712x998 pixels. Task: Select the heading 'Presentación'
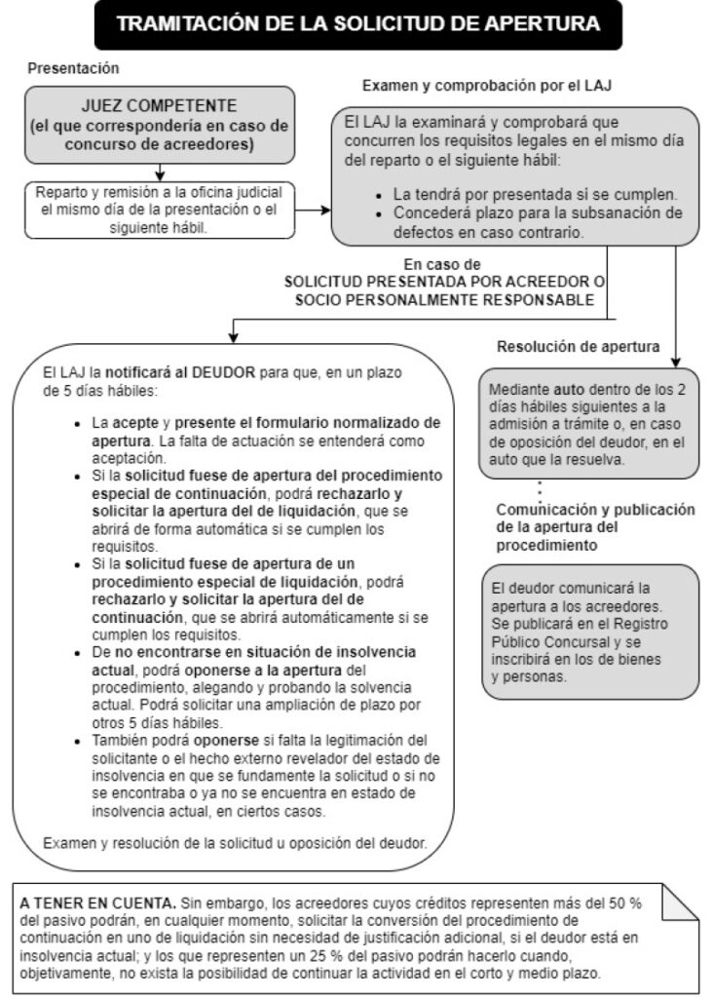[x=73, y=68]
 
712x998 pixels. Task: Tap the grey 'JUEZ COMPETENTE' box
[x=159, y=125]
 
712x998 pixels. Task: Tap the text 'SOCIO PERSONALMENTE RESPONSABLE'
[x=443, y=299]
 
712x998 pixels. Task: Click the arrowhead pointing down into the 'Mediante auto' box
[x=674, y=360]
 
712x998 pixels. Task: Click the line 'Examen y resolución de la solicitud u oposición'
[x=235, y=841]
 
